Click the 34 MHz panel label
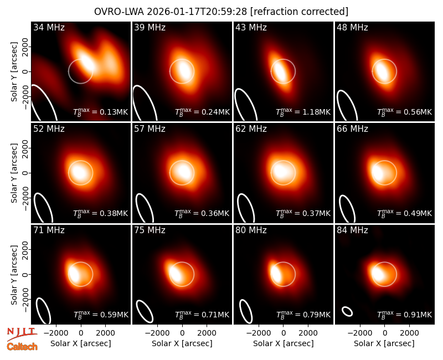49,27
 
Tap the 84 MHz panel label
352,230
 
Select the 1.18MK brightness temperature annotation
303,112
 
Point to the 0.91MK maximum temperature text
405,315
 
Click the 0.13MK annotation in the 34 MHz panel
101,112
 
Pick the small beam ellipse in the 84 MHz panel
347,311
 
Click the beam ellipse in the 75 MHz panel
145,311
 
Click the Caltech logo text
22,347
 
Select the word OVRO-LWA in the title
119,12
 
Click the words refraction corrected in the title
300,12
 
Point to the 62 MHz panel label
251,129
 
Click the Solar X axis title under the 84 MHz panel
384,343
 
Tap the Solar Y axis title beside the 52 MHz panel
14,173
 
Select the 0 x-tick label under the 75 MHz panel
182,333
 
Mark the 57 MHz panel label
150,129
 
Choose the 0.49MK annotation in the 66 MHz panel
405,213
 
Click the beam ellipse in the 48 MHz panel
347,106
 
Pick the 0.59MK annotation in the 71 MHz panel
101,315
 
